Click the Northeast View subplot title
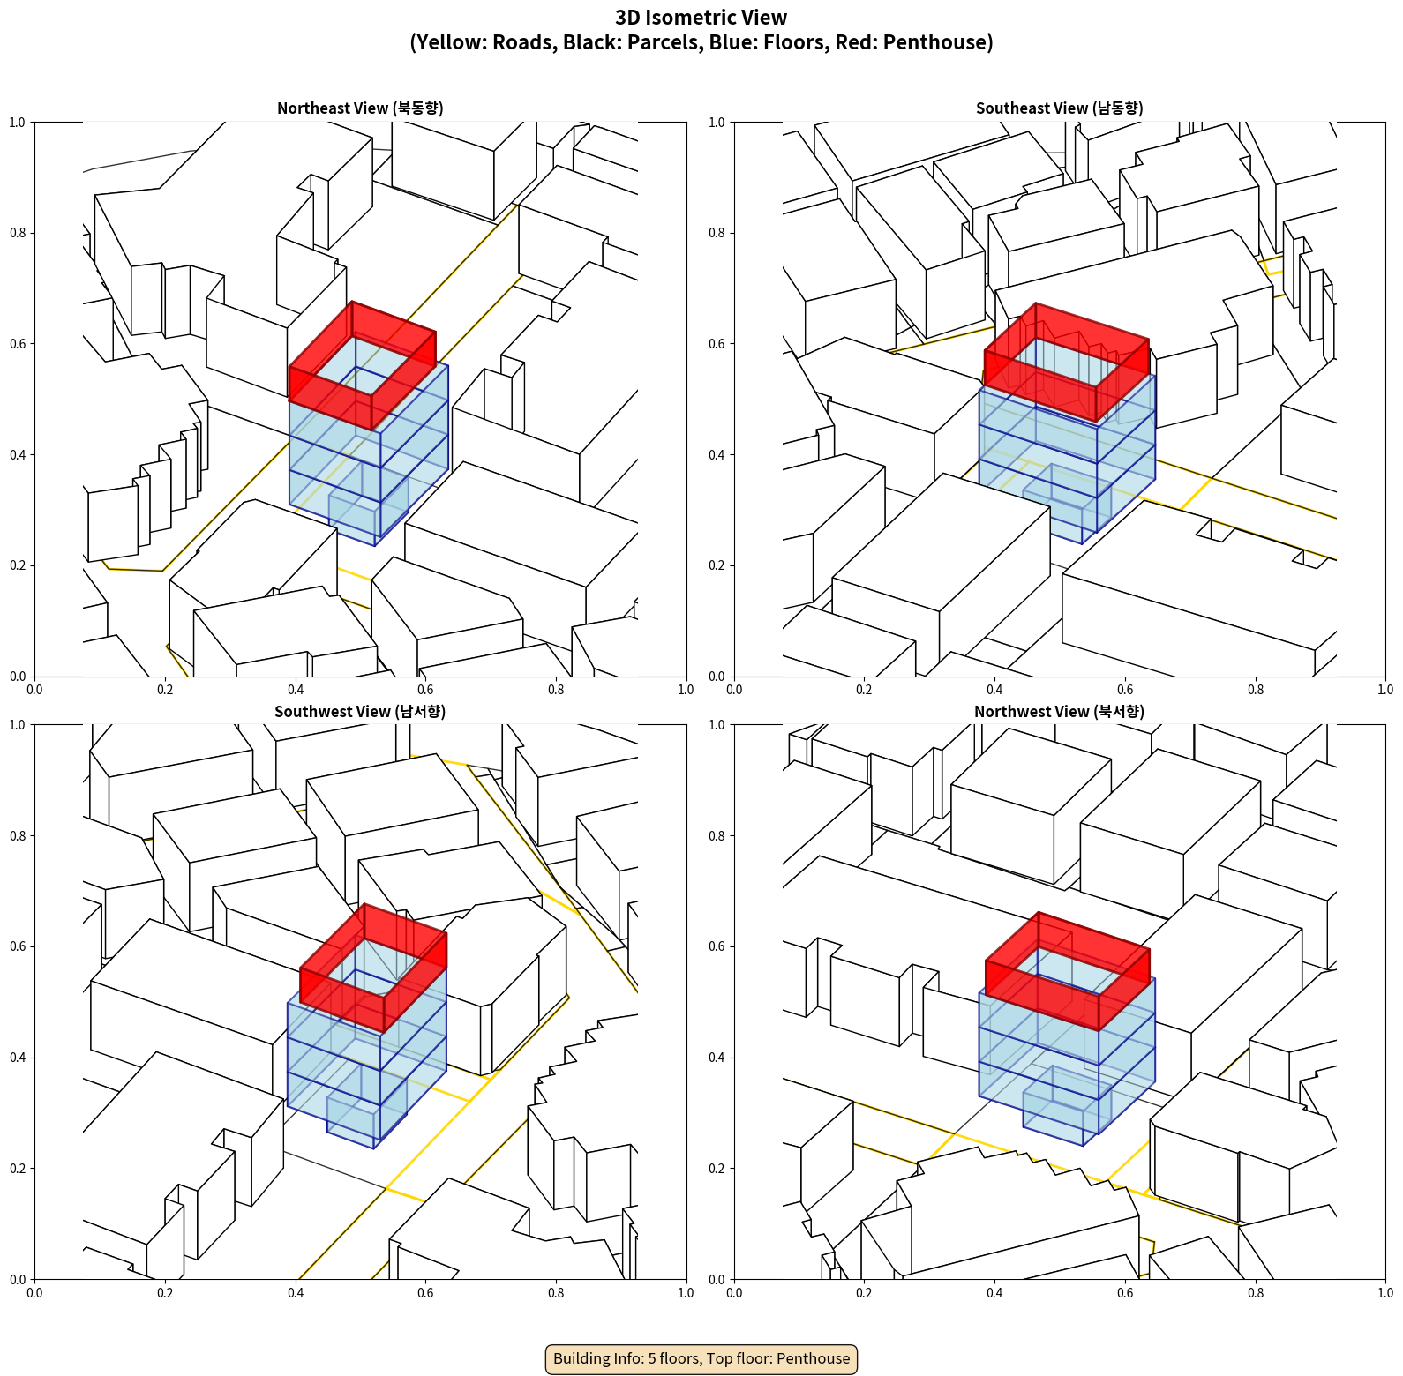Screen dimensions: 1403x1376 [x=360, y=108]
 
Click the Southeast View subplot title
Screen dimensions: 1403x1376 [x=1059, y=108]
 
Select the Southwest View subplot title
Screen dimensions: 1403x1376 [x=360, y=712]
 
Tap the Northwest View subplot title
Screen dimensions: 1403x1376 [x=1059, y=712]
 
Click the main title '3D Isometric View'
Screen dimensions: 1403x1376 [x=701, y=18]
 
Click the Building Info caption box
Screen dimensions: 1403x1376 [x=701, y=1358]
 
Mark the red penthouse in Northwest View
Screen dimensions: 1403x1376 [x=1067, y=971]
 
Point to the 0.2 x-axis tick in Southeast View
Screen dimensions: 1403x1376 [x=864, y=690]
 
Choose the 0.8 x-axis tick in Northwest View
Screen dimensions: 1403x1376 [x=1256, y=1293]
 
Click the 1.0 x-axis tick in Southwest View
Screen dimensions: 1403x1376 [x=686, y=1293]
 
